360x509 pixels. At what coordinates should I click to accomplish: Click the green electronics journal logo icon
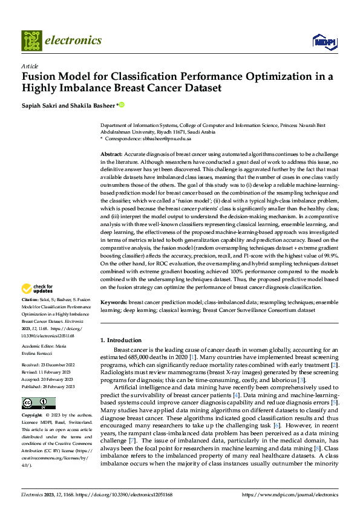click(31, 41)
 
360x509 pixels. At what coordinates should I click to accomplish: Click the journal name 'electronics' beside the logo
click(73, 41)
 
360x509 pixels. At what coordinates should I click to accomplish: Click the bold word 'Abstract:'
click(111, 155)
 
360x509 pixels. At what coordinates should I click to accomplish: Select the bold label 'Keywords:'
click(114, 302)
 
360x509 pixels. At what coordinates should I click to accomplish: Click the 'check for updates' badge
click(37, 289)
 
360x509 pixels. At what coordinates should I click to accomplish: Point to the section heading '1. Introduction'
click(122, 340)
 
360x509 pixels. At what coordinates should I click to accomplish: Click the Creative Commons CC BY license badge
click(38, 403)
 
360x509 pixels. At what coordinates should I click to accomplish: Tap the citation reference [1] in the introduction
click(191, 357)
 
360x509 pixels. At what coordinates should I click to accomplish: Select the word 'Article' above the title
click(30, 66)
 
